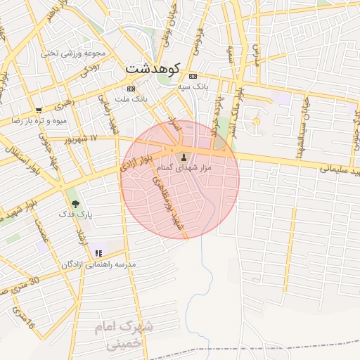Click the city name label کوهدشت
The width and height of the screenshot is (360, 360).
[x=153, y=69]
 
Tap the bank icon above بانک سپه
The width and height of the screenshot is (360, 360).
[x=193, y=76]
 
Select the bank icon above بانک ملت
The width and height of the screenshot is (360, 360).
[x=131, y=89]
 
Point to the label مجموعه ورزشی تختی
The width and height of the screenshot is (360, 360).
[x=72, y=53]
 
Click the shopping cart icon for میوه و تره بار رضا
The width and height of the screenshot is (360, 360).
[x=39, y=110]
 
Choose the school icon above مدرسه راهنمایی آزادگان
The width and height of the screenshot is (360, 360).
[x=98, y=253]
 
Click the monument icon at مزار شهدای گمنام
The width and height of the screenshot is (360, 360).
[x=185, y=157]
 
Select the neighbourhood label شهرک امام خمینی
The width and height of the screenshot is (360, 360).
[x=122, y=336]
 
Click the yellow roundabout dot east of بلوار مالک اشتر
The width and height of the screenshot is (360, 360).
[x=257, y=122]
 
